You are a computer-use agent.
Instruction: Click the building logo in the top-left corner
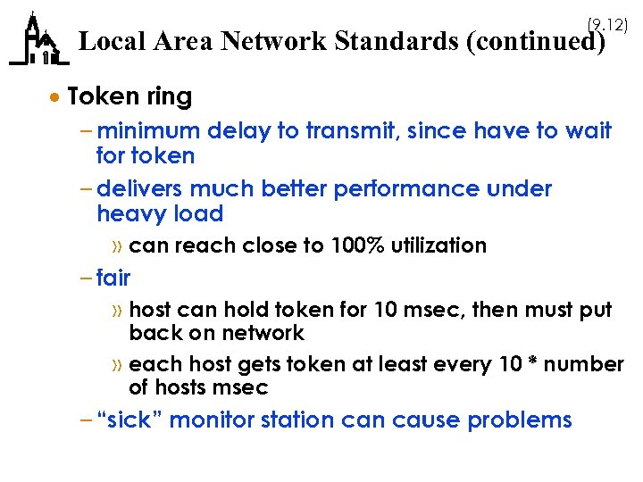(x=38, y=41)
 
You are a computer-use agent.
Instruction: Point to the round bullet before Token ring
(x=55, y=96)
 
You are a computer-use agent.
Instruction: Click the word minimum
(x=149, y=131)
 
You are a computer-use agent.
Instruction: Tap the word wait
(x=589, y=131)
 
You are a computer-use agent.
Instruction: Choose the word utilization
(x=439, y=245)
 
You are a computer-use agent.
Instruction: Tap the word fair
(x=113, y=278)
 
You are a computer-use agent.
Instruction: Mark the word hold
(x=246, y=310)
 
